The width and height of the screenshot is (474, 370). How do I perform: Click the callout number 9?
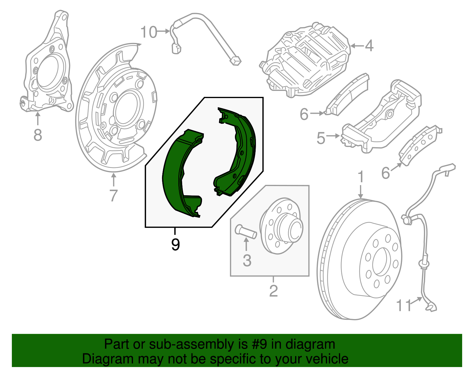tap(175, 245)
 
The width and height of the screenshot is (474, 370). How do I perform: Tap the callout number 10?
tap(148, 32)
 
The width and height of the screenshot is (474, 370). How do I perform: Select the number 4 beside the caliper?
tap(369, 46)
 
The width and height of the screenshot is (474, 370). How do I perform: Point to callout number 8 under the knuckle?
tap(38, 135)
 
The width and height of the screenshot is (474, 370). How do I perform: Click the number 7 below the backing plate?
tap(113, 196)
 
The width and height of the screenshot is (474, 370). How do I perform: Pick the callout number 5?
tap(321, 138)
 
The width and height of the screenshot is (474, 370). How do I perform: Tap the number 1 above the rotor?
tap(361, 177)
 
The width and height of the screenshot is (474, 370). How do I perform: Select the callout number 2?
tap(273, 291)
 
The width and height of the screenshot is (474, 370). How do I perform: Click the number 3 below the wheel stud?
tap(247, 261)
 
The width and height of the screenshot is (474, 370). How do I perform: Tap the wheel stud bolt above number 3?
tap(246, 231)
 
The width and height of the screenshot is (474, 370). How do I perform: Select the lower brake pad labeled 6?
tap(419, 145)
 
